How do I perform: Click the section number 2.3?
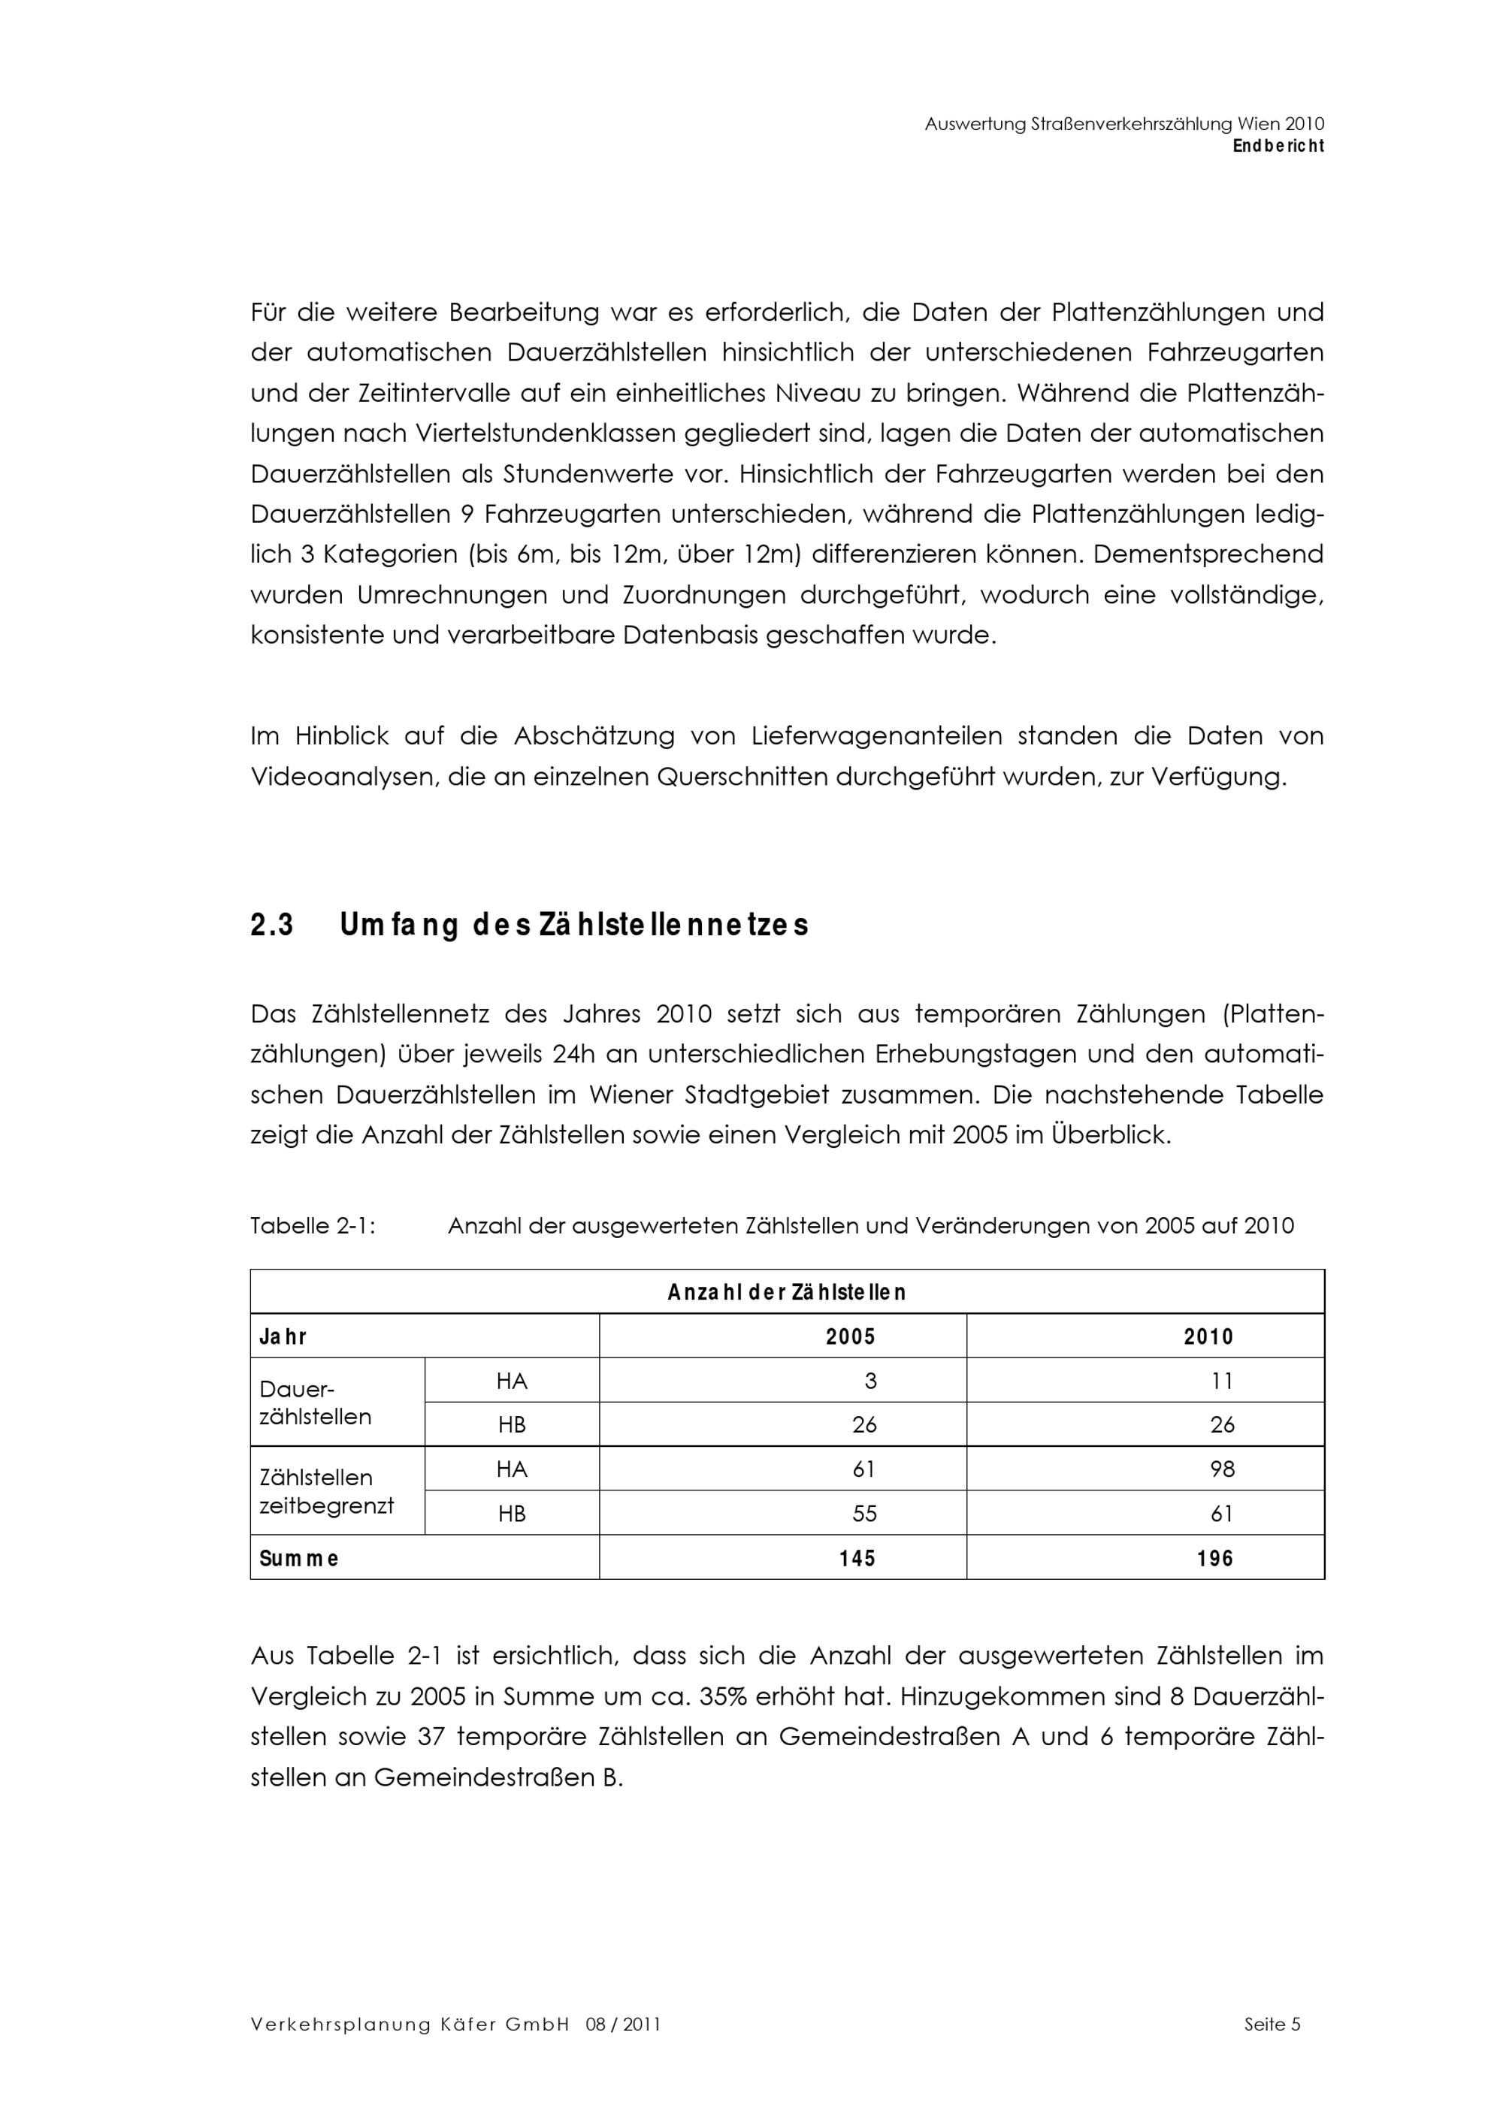coord(272,925)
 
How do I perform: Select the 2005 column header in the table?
coord(850,1336)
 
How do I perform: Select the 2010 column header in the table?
coord(1208,1336)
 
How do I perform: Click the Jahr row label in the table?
coord(283,1336)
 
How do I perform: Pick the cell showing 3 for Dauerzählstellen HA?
coord(869,1381)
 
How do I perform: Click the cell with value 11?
coord(1221,1381)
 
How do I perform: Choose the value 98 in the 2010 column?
coord(1221,1469)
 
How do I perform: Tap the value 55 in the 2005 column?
coord(864,1514)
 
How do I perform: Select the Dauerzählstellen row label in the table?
coord(315,1403)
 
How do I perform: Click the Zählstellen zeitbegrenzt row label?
coord(326,1490)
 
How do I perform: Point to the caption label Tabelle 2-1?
coord(312,1226)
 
